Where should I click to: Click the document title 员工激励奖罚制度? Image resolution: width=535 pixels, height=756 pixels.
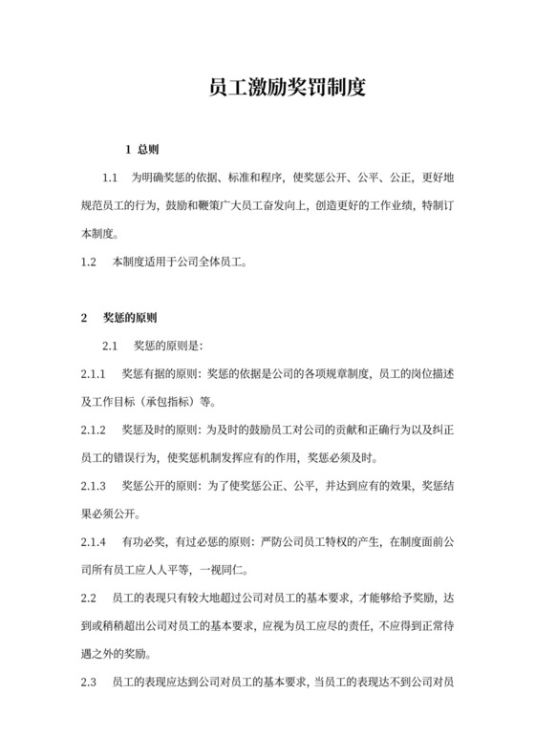(x=287, y=91)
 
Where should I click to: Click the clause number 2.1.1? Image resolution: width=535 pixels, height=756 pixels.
(x=93, y=372)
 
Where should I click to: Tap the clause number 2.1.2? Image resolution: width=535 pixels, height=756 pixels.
(x=93, y=429)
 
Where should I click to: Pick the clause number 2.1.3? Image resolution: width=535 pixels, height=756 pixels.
(x=93, y=485)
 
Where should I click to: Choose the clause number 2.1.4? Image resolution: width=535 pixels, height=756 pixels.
(x=93, y=541)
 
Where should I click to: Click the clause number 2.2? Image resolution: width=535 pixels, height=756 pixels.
(x=89, y=598)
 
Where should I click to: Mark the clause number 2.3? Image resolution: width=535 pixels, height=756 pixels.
(x=89, y=682)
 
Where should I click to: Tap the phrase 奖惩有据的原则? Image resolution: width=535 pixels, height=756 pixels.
(x=160, y=372)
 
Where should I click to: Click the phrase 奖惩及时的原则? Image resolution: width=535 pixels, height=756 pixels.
(x=160, y=429)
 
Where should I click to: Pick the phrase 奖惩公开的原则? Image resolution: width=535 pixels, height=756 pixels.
(x=160, y=485)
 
